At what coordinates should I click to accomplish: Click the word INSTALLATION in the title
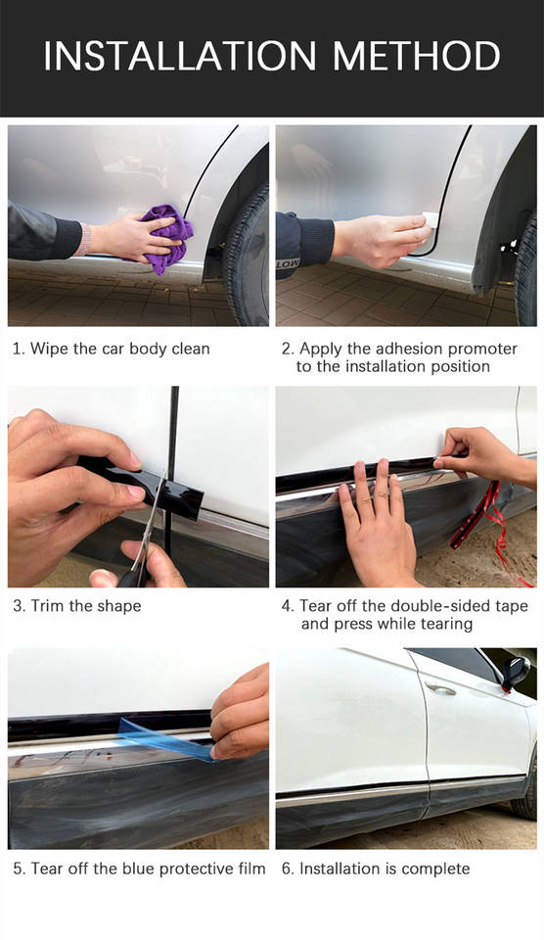click(x=180, y=57)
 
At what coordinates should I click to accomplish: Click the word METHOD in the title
click(x=417, y=57)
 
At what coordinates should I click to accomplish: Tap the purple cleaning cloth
click(x=166, y=239)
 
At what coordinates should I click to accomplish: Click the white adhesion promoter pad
click(x=431, y=219)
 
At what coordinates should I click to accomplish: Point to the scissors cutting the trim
click(x=144, y=540)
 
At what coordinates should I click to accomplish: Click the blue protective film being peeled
click(x=164, y=739)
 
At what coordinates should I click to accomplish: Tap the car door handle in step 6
click(x=440, y=689)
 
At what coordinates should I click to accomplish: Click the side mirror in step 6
click(x=516, y=673)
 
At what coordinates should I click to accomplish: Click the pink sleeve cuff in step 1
click(x=85, y=239)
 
